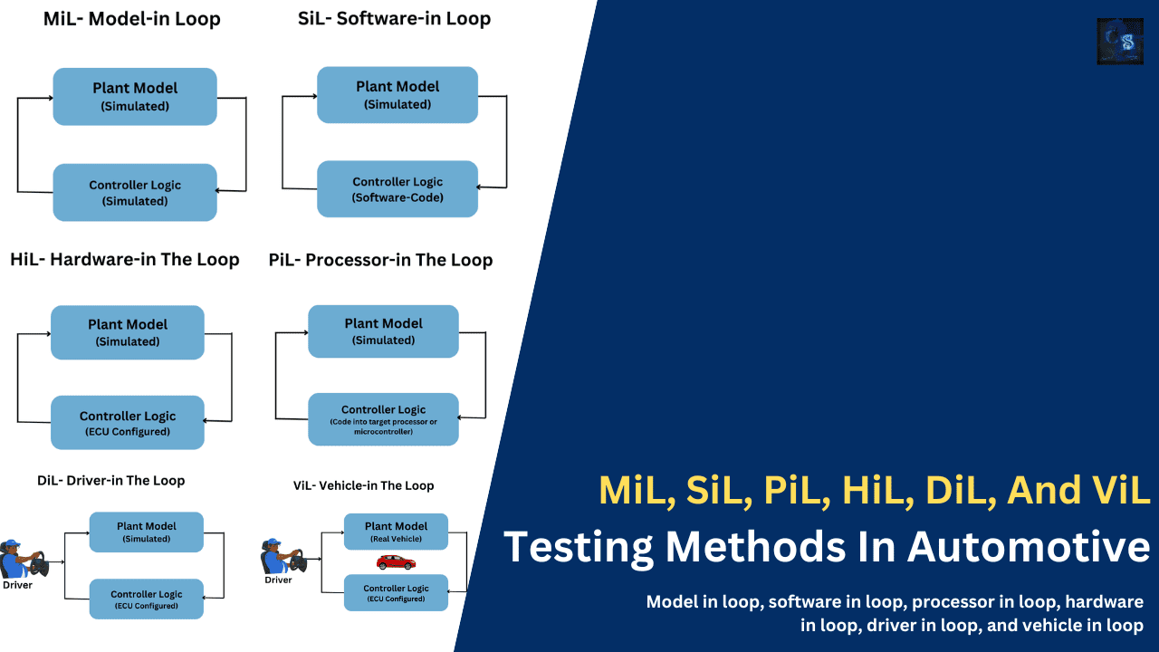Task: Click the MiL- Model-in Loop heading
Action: tap(132, 19)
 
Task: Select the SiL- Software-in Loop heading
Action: tap(394, 19)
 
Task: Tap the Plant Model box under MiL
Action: tap(135, 96)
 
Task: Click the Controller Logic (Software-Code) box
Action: tap(398, 189)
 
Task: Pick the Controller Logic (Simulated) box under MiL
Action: tap(135, 193)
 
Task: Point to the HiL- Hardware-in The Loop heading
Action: tap(125, 260)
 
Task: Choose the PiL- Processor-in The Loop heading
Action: tap(380, 261)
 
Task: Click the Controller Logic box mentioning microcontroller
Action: tap(383, 419)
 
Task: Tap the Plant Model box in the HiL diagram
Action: tap(128, 332)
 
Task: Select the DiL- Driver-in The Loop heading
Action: tap(110, 481)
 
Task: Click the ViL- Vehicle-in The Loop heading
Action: tap(363, 486)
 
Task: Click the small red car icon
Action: tap(396, 562)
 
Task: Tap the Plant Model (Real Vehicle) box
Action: tap(396, 532)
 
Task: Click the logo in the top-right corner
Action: tap(1120, 41)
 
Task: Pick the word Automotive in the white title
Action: tap(1030, 548)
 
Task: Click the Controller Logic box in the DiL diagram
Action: tap(147, 599)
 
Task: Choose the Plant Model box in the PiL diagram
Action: tap(383, 331)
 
